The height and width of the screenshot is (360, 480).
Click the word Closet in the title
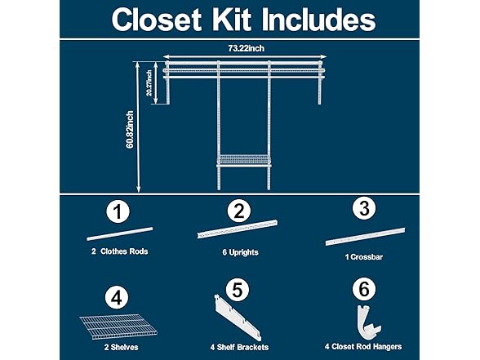click(x=157, y=20)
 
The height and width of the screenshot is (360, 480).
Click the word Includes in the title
click(x=318, y=20)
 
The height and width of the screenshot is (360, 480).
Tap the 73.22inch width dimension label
click(x=246, y=48)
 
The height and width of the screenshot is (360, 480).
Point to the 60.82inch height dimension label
click(x=130, y=130)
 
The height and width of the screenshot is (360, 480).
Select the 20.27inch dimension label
click(x=149, y=83)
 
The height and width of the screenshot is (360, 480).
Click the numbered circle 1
click(x=118, y=211)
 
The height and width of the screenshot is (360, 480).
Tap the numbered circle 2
click(x=239, y=211)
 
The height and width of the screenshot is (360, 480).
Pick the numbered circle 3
click(x=364, y=208)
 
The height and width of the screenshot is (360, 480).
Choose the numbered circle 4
click(x=117, y=297)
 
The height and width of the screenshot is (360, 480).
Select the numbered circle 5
click(x=238, y=290)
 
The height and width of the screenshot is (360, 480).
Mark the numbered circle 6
click(x=364, y=289)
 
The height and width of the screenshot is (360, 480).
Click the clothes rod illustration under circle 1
click(x=120, y=233)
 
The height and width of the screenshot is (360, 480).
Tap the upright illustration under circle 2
click(x=238, y=229)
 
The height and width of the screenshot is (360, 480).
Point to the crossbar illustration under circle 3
click(x=365, y=237)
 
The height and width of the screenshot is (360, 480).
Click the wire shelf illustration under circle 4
click(x=119, y=327)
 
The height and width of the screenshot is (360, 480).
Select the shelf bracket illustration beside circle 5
click(x=238, y=318)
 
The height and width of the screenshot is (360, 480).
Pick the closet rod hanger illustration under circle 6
click(x=368, y=322)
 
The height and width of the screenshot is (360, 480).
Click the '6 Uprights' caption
click(x=240, y=252)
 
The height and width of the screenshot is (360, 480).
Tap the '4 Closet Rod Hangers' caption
click(x=363, y=346)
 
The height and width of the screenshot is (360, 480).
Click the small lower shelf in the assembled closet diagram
click(x=243, y=161)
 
